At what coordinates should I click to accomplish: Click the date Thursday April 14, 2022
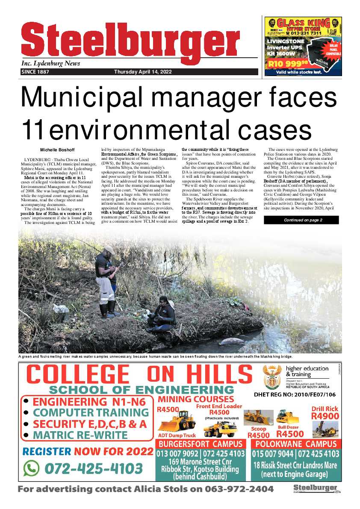tap(143, 72)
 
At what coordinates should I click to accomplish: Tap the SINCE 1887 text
tap(35, 72)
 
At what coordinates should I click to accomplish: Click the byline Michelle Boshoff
tap(57, 150)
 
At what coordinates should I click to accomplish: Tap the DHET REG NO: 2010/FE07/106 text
tap(295, 395)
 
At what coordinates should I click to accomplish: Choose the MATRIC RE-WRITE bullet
tap(80, 435)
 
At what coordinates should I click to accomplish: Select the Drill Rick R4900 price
tap(325, 413)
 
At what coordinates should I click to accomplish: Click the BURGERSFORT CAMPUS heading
tap(201, 444)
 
